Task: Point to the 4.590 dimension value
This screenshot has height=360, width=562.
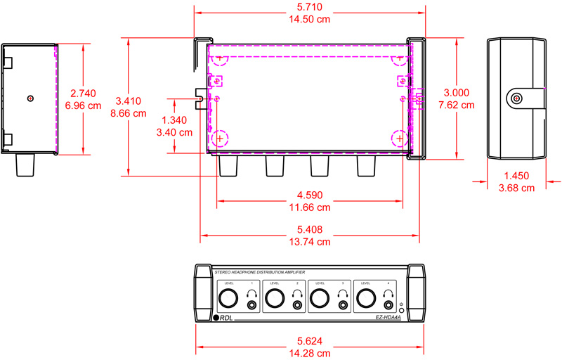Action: [x=310, y=195]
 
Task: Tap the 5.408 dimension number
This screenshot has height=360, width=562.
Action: [x=310, y=229]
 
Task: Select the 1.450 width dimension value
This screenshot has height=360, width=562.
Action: [x=517, y=176]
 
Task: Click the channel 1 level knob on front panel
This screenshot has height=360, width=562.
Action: [x=228, y=300]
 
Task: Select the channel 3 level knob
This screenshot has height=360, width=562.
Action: [x=320, y=300]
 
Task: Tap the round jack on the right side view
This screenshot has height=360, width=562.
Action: [x=517, y=98]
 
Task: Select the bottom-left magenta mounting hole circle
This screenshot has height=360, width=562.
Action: [x=220, y=139]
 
